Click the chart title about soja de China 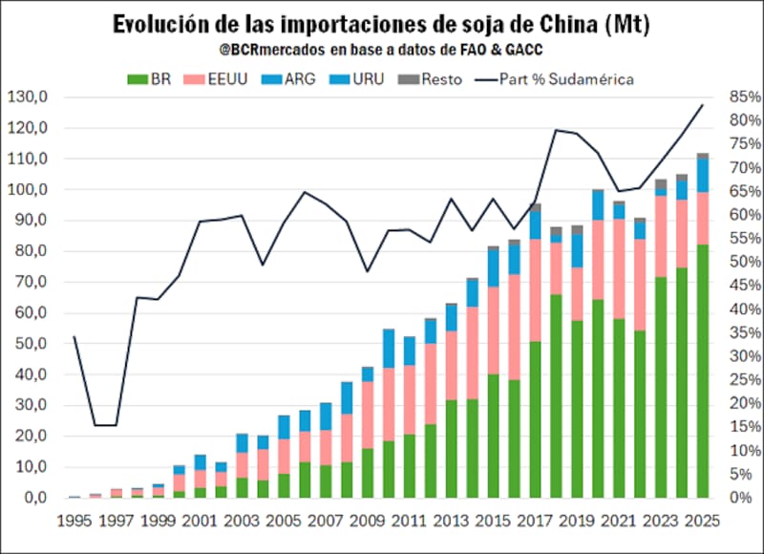pos(382,24)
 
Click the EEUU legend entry pos(225,79)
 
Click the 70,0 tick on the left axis pos(30,282)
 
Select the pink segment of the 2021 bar pos(619,268)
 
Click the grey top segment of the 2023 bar pos(660,184)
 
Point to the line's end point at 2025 pos(703,105)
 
